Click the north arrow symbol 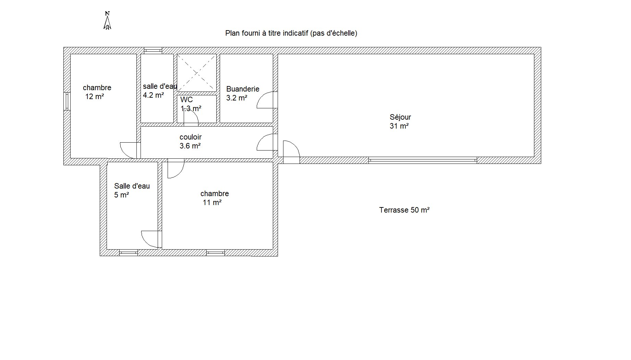107,21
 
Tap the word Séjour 400,117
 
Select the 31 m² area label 399,126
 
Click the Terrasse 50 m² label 404,210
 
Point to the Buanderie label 243,89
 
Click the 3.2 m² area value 236,98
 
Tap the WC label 186,100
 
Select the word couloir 191,137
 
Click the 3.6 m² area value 190,146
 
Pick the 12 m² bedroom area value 95,97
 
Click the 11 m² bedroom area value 212,203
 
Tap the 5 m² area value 121,195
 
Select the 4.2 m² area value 153,95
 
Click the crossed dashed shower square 197,73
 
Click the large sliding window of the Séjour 423,160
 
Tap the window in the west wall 67,101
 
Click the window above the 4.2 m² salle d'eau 153,51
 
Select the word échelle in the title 344,33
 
